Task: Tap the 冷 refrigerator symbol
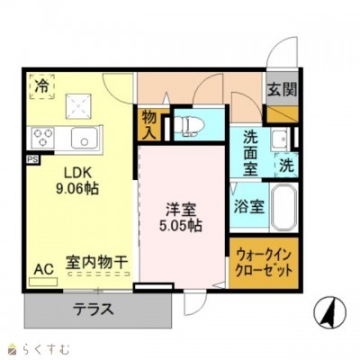click(x=42, y=85)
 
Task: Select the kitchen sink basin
click(x=84, y=138)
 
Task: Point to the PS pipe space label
click(x=32, y=160)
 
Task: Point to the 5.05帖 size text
click(x=182, y=225)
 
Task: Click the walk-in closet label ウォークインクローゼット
click(x=263, y=262)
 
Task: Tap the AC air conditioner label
click(x=43, y=267)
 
